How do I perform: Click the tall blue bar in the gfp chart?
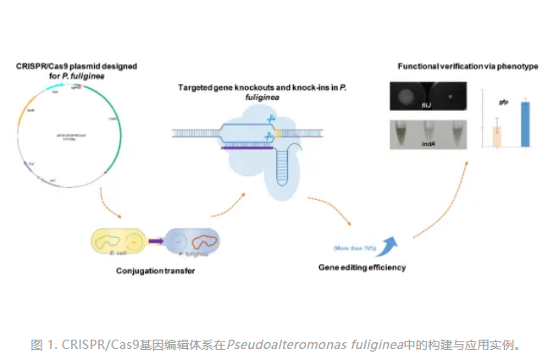point(525,125)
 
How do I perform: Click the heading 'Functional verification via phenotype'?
point(468,66)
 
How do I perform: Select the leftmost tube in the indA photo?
point(403,132)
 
